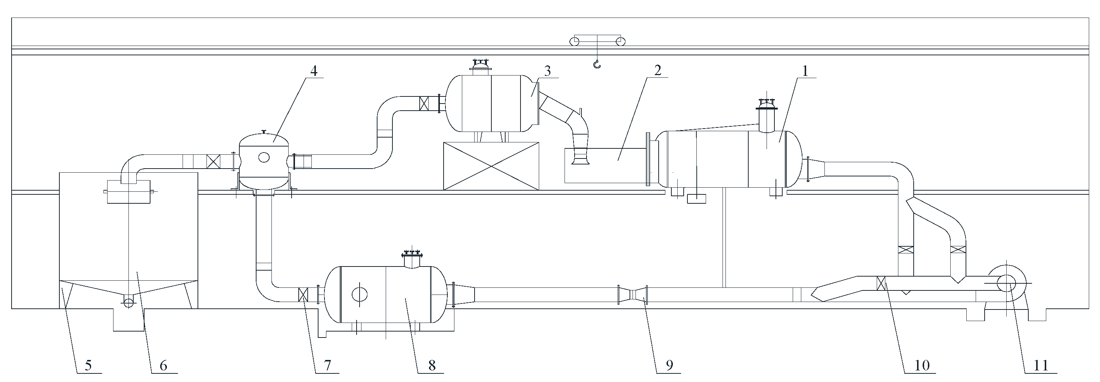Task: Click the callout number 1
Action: coord(805,71)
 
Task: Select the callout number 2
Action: coord(658,70)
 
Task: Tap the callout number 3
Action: coord(547,71)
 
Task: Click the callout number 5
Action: coord(88,365)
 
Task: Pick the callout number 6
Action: coord(163,365)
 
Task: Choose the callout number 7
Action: coord(327,365)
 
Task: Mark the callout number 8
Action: coord(432,365)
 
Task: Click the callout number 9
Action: coord(669,365)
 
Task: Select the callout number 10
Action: coord(922,365)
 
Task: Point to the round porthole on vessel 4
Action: coord(264,157)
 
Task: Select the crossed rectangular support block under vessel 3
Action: coord(491,166)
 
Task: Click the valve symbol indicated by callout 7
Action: coord(303,295)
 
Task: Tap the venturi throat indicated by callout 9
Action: coord(633,295)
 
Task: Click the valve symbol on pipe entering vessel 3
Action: coord(424,104)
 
